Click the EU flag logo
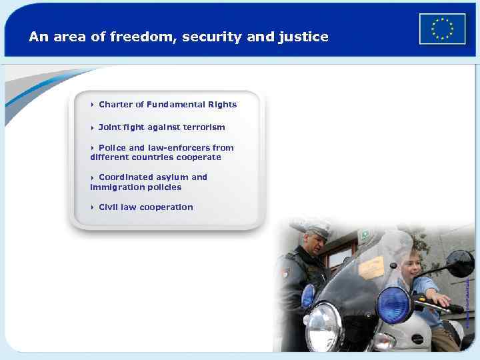click(x=442, y=29)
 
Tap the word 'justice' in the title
click(x=306, y=37)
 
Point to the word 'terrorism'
click(x=201, y=127)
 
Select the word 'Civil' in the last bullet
click(x=108, y=207)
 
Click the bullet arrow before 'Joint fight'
click(x=93, y=127)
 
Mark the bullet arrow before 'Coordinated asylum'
click(x=93, y=177)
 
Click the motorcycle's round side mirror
click(x=459, y=264)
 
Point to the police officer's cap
click(x=311, y=227)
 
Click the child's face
click(x=409, y=267)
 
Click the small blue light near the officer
click(x=308, y=295)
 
